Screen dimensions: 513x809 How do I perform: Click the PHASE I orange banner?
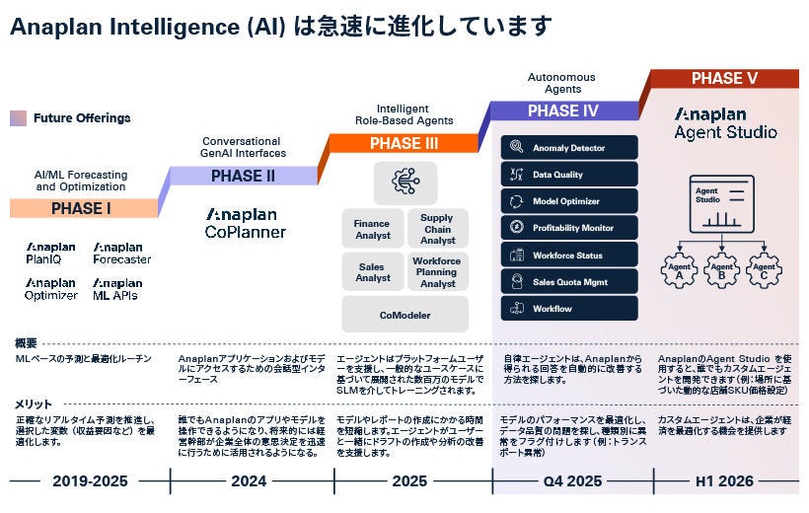(82, 208)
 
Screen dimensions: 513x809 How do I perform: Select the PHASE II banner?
(243, 177)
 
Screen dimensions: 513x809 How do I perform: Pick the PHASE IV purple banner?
(566, 111)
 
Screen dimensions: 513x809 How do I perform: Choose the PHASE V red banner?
(724, 79)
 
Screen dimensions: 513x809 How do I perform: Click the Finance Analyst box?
(372, 229)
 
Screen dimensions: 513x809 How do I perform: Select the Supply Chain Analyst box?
(437, 229)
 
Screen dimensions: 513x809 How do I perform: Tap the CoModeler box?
(404, 316)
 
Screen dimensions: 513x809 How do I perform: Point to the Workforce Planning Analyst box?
(437, 271)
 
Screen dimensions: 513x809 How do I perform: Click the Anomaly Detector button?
(569, 148)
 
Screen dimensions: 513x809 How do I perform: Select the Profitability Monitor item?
(569, 228)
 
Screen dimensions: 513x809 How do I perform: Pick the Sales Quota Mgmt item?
(569, 282)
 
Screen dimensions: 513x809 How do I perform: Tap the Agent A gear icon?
(679, 269)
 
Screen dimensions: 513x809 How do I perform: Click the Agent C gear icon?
(763, 269)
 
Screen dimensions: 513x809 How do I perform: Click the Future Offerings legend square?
(18, 118)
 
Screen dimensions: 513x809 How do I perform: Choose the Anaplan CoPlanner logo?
(246, 223)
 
